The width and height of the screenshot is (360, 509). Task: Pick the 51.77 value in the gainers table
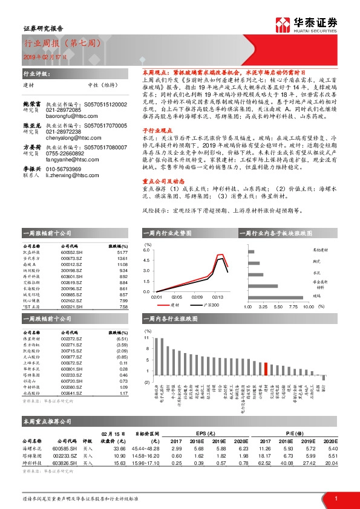pyautogui.click(x=123, y=253)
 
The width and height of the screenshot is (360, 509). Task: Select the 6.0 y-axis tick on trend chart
pyautogui.click(x=146, y=250)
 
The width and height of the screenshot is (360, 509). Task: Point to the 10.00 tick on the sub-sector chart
pyautogui.click(x=308, y=306)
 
